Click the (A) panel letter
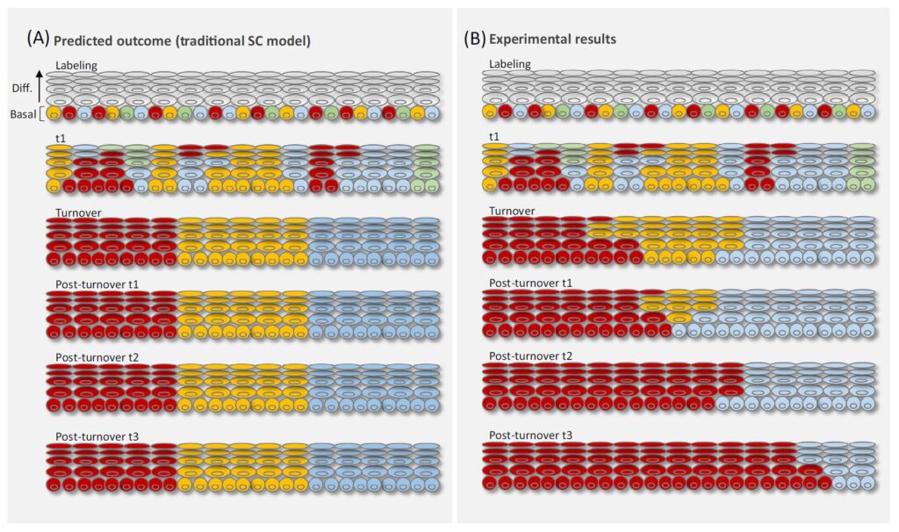pos(38,39)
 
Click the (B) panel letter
pos(474,39)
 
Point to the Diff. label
pos(22,89)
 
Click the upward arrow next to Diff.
pos(39,86)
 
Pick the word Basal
pos(23,114)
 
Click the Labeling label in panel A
pos(76,65)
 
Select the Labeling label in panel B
pos(510,64)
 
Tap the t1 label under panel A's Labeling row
pos(61,139)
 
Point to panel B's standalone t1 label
pos(494,137)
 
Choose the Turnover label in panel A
pos(78,212)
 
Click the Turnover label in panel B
pos(512,211)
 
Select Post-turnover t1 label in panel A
pos(97,284)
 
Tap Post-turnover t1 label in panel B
pos(530,284)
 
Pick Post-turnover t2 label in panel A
pos(97,357)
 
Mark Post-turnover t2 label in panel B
pos(530,356)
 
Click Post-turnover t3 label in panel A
pos(97,437)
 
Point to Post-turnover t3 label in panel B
pos(530,435)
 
